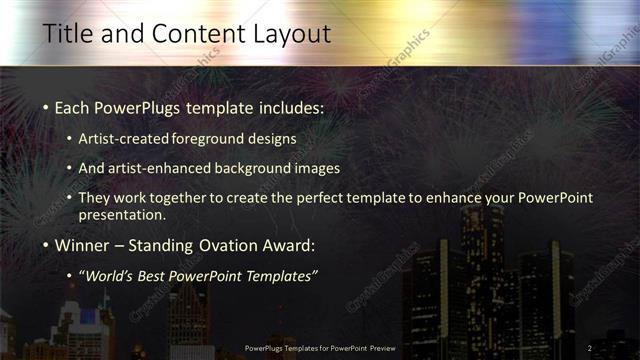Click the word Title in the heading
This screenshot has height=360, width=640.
(x=65, y=33)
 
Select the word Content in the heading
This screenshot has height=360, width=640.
(x=191, y=33)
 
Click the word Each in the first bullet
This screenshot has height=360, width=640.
(x=72, y=106)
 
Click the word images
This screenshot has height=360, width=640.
(x=317, y=168)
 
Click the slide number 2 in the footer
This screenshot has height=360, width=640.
(x=589, y=348)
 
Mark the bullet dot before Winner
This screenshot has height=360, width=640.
(x=46, y=245)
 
